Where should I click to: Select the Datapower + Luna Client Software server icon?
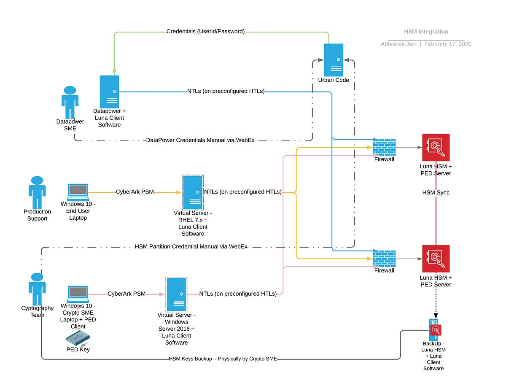[x=109, y=92]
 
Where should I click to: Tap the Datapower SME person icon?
[x=70, y=102]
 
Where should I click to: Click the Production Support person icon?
[x=37, y=192]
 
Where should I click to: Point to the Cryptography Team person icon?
[x=37, y=289]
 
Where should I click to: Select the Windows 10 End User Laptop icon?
[x=78, y=192]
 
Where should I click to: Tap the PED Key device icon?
[x=78, y=337]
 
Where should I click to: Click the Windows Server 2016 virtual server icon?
[x=176, y=294]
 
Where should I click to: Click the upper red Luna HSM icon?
[x=436, y=147]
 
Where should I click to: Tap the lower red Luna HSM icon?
[x=436, y=259]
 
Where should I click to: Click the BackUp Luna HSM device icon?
[x=434, y=330]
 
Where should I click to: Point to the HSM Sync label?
[x=436, y=192]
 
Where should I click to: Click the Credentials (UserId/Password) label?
[x=205, y=32]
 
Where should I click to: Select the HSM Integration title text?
[x=426, y=32]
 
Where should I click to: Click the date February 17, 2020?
[x=448, y=44]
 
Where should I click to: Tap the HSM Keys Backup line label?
[x=223, y=359]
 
